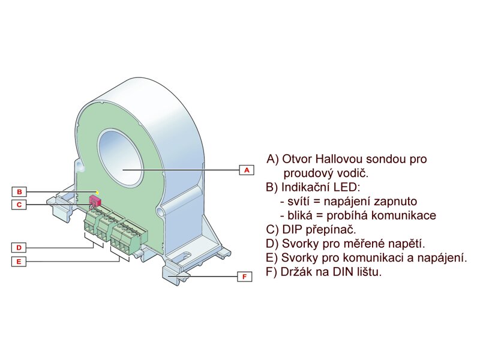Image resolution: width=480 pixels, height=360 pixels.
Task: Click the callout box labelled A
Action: click(245, 170)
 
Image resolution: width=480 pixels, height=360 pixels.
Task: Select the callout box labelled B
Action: click(19, 192)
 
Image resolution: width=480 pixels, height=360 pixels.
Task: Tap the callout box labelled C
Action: click(19, 205)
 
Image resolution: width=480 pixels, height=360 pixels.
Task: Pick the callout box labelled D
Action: click(19, 247)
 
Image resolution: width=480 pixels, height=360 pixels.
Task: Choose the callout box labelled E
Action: click(19, 262)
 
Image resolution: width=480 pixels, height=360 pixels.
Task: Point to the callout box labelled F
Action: click(244, 277)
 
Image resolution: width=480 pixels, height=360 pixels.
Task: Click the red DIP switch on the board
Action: click(95, 200)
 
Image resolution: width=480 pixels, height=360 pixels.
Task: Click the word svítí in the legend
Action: click(299, 201)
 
